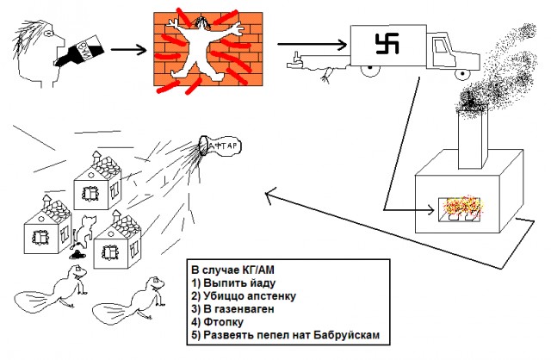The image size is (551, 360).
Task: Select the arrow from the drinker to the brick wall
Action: click(x=129, y=48)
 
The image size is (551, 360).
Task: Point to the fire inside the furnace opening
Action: click(x=467, y=207)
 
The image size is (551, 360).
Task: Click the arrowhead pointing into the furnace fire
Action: click(x=430, y=208)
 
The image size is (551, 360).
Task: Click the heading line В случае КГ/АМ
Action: click(x=229, y=268)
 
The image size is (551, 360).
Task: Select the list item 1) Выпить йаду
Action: click(x=232, y=282)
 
